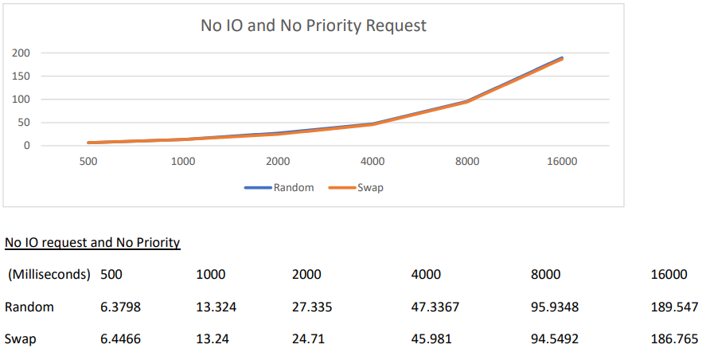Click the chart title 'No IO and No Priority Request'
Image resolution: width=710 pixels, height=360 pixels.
coord(314,25)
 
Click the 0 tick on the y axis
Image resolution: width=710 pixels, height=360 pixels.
coord(26,146)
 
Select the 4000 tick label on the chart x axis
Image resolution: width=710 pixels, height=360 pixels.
coord(373,162)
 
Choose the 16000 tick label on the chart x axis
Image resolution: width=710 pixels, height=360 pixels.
coord(562,162)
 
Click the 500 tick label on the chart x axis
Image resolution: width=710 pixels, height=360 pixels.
coord(88,162)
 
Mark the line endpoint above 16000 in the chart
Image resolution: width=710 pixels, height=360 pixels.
coord(562,58)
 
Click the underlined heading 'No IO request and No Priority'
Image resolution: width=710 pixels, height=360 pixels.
coord(92,242)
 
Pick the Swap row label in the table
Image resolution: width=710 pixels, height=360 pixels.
coord(20,338)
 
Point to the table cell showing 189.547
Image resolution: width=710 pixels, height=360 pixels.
coord(675,307)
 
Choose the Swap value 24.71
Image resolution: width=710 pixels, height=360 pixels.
coord(308,338)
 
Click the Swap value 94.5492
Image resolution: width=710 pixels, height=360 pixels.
coord(555,338)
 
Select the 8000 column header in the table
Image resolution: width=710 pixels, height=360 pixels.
coord(545,275)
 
